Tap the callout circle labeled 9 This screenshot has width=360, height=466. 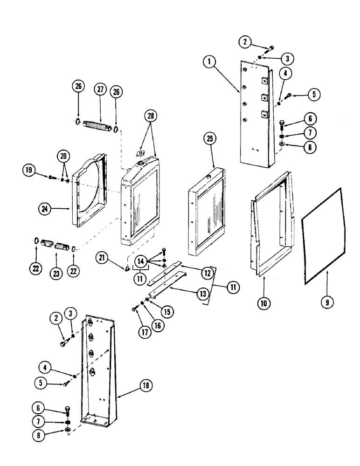tap(327, 302)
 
